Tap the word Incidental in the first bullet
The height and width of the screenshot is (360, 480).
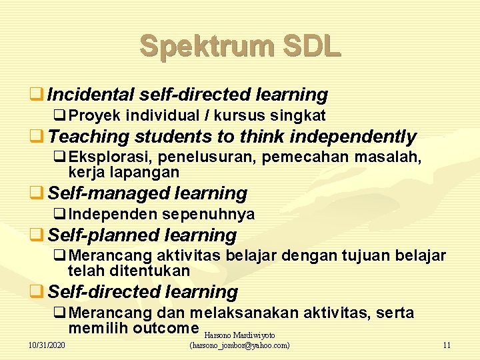point(89,95)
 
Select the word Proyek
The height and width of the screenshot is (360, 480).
point(95,115)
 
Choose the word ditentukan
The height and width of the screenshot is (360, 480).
point(151,271)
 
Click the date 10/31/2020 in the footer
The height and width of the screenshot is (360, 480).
point(47,345)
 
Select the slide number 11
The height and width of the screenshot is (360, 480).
point(447,345)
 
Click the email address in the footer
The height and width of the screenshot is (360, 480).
point(240,345)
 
